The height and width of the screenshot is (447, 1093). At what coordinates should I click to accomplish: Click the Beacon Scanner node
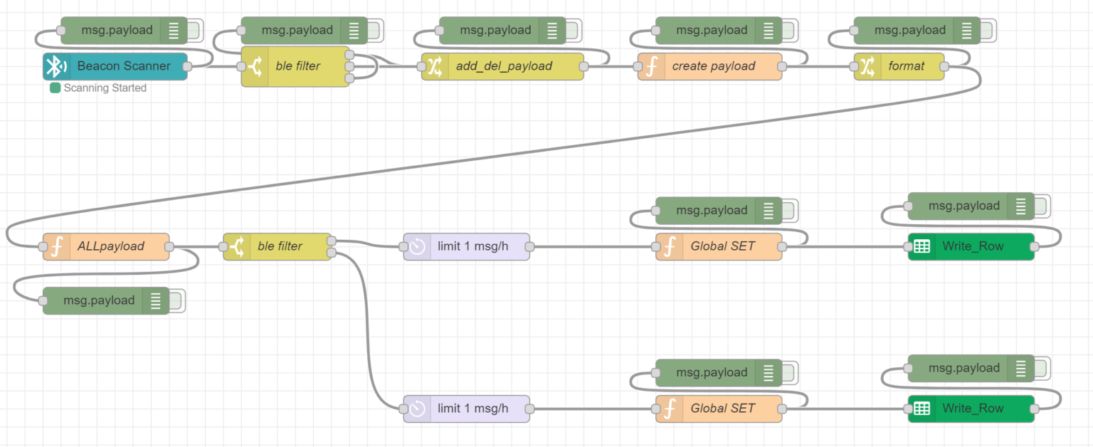[x=123, y=66]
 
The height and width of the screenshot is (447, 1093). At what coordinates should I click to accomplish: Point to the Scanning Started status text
[x=105, y=88]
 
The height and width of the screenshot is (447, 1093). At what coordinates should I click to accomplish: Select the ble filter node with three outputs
[x=297, y=66]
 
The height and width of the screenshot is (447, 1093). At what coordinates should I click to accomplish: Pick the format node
[x=905, y=66]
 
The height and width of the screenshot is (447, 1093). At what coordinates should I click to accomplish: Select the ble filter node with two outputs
[x=279, y=246]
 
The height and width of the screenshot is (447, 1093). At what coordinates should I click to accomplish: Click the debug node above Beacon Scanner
[x=116, y=30]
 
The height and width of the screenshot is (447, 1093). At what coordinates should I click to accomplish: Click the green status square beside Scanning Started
[x=55, y=88]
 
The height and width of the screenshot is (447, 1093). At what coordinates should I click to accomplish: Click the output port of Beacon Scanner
[x=187, y=66]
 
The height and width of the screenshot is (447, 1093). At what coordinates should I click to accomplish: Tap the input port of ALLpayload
[x=43, y=246]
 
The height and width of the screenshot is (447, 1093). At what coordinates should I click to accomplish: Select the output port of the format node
[x=944, y=66]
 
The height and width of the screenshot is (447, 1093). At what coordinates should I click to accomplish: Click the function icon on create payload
[x=650, y=66]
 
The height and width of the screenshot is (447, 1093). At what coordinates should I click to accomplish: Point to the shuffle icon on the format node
[x=867, y=66]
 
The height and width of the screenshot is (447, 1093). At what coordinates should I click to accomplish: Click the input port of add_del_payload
[x=422, y=66]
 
